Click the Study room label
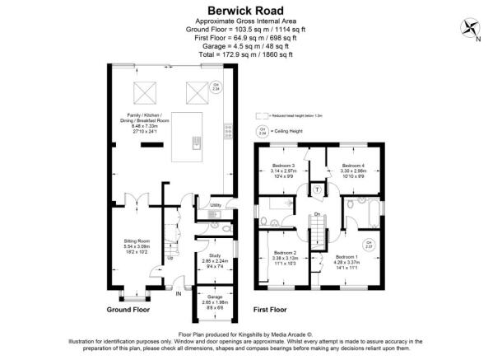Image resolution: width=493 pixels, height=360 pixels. pos(215,255)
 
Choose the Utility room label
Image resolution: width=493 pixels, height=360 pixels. pos(216,204)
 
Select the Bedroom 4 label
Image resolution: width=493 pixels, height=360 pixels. pos(354,166)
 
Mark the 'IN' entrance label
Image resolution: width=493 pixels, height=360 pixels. pos(178,292)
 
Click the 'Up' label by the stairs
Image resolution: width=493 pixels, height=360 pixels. pos(170,256)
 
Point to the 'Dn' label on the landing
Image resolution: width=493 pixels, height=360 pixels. pos(317,215)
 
